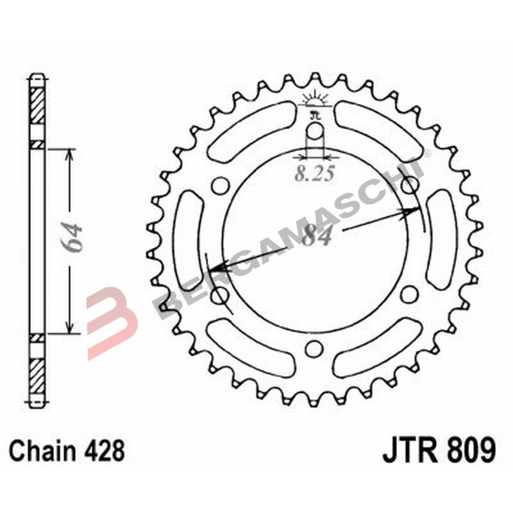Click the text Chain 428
point(67,451)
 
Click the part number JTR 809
point(439,450)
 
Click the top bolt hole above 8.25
point(315,132)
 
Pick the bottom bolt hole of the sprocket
point(314,348)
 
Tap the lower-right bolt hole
point(408,294)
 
